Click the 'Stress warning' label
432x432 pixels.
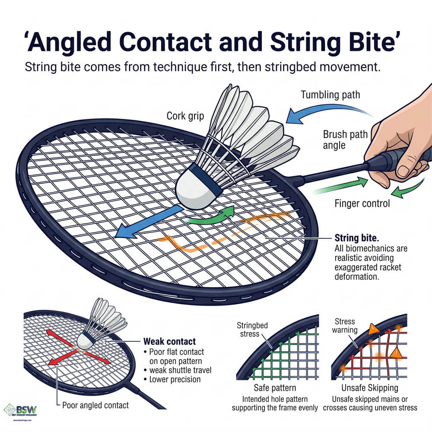345,326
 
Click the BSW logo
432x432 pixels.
22,409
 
